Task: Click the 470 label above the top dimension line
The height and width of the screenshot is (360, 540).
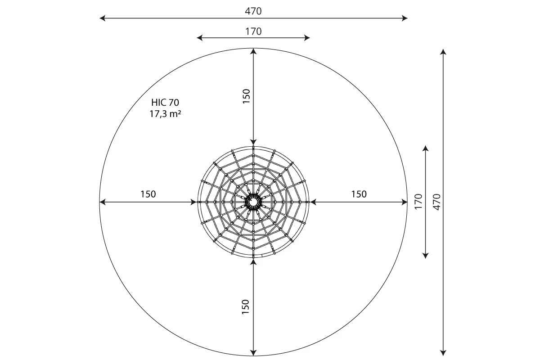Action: pyautogui.click(x=253, y=11)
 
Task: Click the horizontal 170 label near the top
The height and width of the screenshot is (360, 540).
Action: pyautogui.click(x=253, y=31)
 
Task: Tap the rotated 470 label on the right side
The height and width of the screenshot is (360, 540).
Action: pyautogui.click(x=436, y=202)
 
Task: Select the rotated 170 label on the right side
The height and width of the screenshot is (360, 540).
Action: pyautogui.click(x=419, y=202)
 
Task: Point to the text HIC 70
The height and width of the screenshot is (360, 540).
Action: pyautogui.click(x=165, y=103)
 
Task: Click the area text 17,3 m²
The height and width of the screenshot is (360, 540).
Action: pyautogui.click(x=165, y=114)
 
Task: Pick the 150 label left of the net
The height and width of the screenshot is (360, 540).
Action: pyautogui.click(x=148, y=194)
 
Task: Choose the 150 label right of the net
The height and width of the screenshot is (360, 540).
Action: pyautogui.click(x=359, y=194)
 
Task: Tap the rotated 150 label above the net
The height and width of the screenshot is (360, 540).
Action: pyautogui.click(x=247, y=96)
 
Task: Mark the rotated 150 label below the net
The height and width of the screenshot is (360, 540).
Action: pyautogui.click(x=245, y=307)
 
